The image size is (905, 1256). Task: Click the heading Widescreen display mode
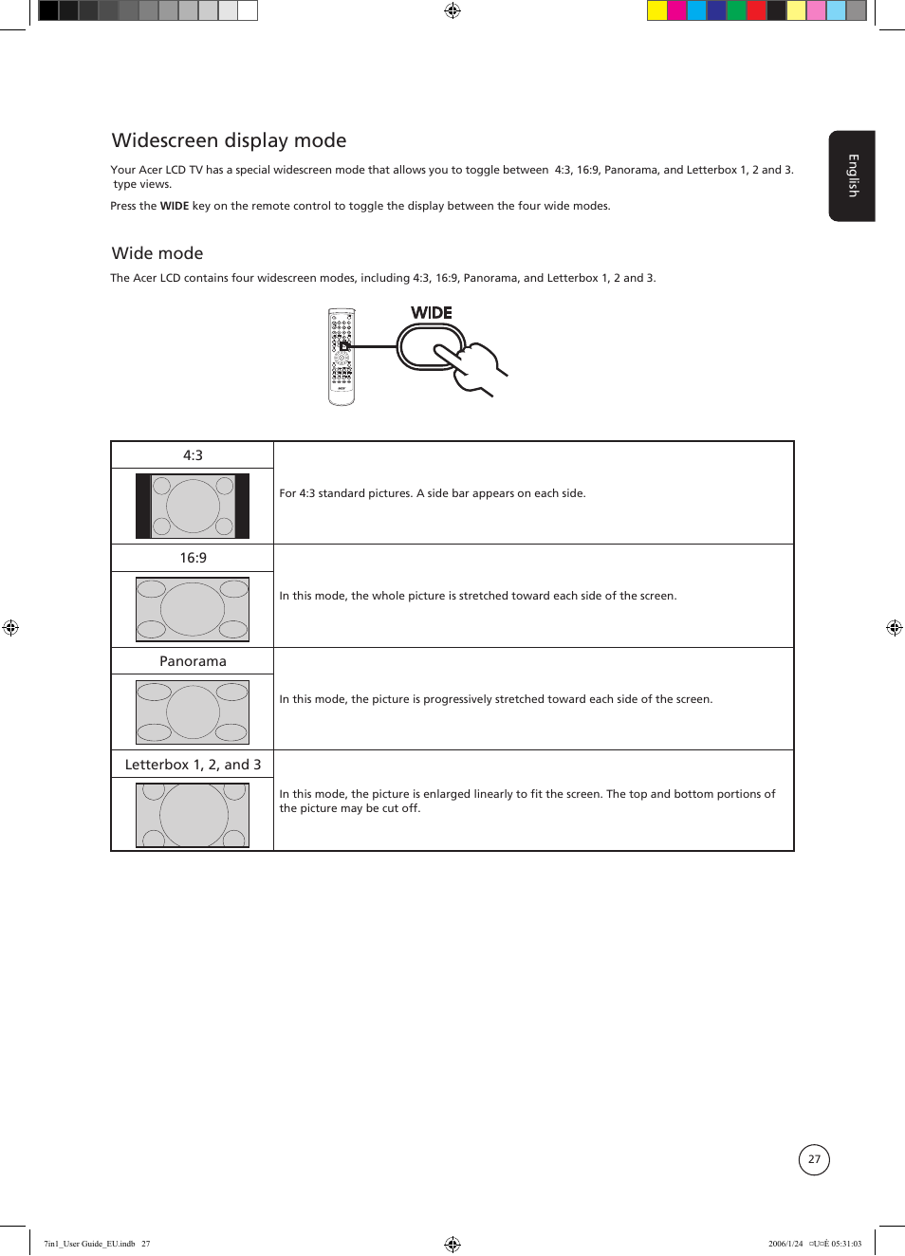point(229,140)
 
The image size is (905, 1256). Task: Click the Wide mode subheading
point(157,253)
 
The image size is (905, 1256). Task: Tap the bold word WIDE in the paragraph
point(174,206)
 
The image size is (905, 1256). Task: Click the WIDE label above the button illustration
point(431,313)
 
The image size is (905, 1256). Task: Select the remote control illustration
point(342,357)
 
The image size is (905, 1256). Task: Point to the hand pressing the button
point(479,367)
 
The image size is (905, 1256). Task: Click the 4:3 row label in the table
point(193,455)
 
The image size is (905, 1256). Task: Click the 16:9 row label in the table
point(193,558)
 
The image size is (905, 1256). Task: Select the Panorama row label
point(193,661)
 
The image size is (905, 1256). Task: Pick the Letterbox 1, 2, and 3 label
point(193,765)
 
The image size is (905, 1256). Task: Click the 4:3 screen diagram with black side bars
point(193,506)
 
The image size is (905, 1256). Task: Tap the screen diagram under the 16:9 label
point(193,609)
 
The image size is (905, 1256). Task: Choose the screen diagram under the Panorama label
point(193,711)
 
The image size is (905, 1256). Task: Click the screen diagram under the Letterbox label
point(193,814)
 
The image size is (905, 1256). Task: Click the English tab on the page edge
point(852,175)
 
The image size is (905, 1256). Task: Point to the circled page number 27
point(814,1159)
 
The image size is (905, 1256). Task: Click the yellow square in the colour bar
point(656,10)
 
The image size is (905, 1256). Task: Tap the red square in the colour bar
point(756,10)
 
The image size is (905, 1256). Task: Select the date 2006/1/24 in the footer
point(785,1244)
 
